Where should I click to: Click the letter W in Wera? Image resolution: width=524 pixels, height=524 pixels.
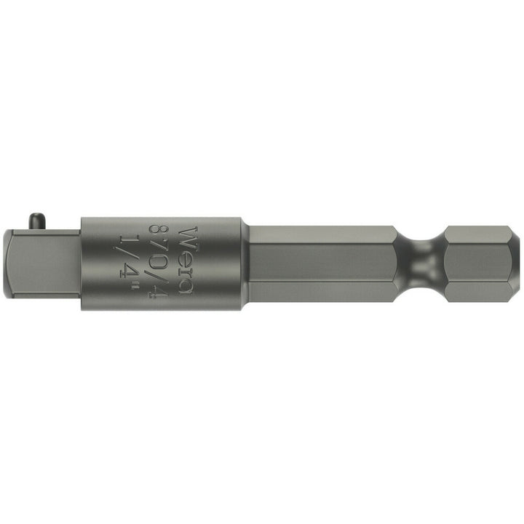[x=187, y=236]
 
